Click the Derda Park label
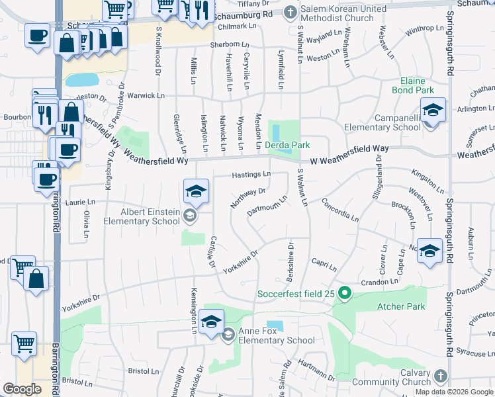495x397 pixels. (x=288, y=145)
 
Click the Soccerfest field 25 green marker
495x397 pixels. (x=344, y=292)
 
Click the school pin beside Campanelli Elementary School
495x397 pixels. (x=433, y=110)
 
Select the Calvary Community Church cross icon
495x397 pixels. (x=439, y=377)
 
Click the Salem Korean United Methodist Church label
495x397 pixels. (x=343, y=13)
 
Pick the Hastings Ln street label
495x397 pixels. (x=251, y=175)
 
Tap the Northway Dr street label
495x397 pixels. (x=248, y=198)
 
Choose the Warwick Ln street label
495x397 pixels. (x=146, y=96)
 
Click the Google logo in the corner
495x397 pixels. (x=22, y=389)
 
